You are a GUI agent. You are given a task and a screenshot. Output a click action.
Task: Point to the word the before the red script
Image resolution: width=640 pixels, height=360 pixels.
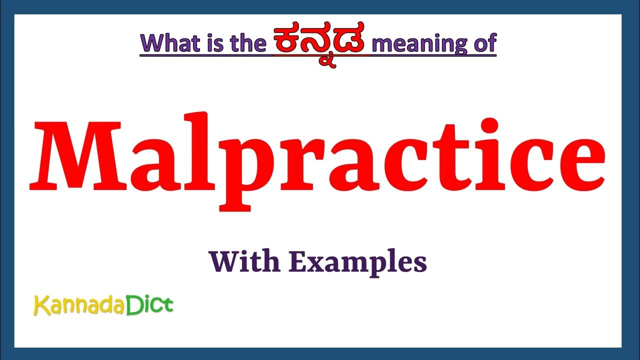tap(245, 43)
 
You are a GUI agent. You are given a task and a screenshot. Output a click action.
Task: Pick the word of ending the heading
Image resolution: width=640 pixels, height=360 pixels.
tap(483, 43)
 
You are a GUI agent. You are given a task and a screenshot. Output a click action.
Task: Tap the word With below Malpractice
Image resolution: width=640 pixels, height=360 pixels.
tap(243, 261)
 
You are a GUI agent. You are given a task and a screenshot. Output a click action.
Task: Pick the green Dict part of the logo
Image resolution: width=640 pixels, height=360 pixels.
tap(149, 304)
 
